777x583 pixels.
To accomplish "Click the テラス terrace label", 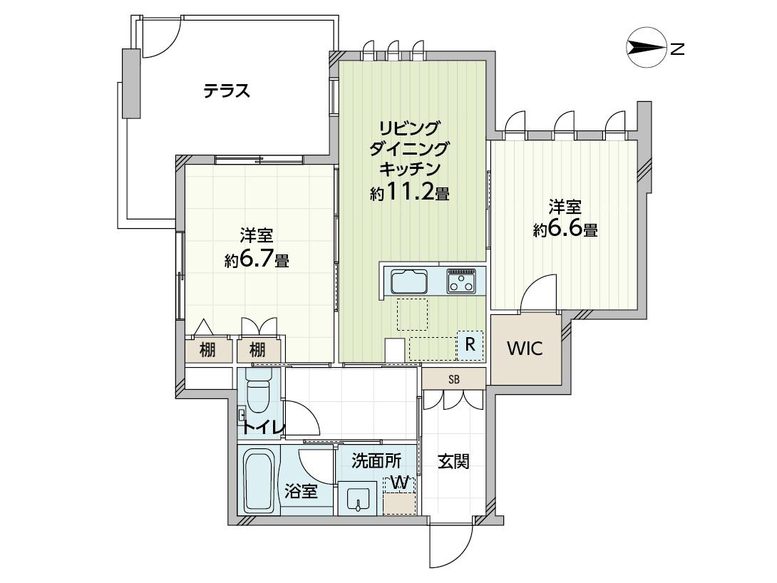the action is pos(227,91).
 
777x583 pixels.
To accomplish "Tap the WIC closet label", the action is pos(525,349).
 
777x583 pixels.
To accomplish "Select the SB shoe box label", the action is pos(453,380).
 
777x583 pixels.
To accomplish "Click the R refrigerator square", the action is pos(470,344).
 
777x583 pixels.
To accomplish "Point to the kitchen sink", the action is pos(409,281).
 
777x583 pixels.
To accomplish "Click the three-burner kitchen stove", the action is pos(460,281).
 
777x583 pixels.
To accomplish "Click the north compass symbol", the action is pos(646,48).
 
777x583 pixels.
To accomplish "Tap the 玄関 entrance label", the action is pos(453,462).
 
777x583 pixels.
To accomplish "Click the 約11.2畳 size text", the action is pos(409,192).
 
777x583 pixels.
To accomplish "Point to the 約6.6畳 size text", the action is pos(565,228).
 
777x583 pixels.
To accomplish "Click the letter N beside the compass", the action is pos(677,49).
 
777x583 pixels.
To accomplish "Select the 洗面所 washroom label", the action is pos(376,461).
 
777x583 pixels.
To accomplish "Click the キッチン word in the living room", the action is pos(409,169).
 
